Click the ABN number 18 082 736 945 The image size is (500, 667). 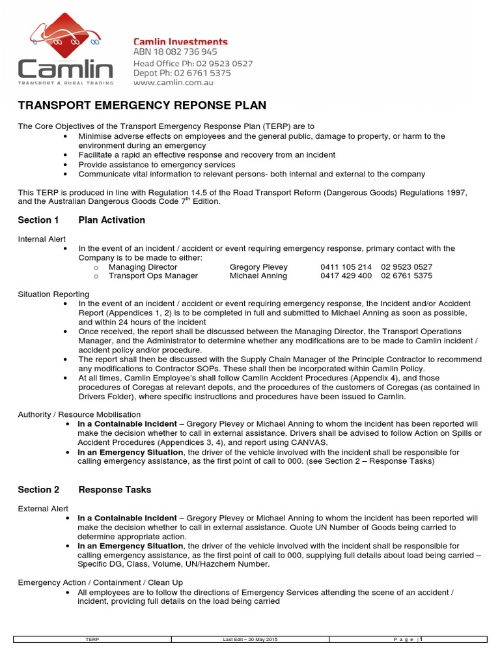pos(175,52)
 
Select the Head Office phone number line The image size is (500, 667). pos(193,63)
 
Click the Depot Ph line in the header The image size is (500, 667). pos(182,74)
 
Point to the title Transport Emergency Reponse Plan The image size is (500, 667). pos(142,106)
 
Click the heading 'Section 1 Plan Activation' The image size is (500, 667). pos(81,220)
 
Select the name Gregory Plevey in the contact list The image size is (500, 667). pos(258,267)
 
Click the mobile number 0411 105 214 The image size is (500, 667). pos(346,267)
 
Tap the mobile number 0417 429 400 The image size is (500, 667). pos(346,276)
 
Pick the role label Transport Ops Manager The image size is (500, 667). pos(153,276)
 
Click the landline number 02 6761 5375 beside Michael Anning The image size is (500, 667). pos(406,276)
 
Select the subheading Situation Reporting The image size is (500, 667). pos(53,294)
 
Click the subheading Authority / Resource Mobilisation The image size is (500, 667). pos(79,414)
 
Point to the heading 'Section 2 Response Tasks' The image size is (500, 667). pos(84,490)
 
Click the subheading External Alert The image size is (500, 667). pos(42,509)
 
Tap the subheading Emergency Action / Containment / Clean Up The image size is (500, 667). pos(100,582)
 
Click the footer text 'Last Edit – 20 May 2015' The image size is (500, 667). pos(250,640)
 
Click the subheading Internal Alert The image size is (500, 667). pos(42,239)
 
